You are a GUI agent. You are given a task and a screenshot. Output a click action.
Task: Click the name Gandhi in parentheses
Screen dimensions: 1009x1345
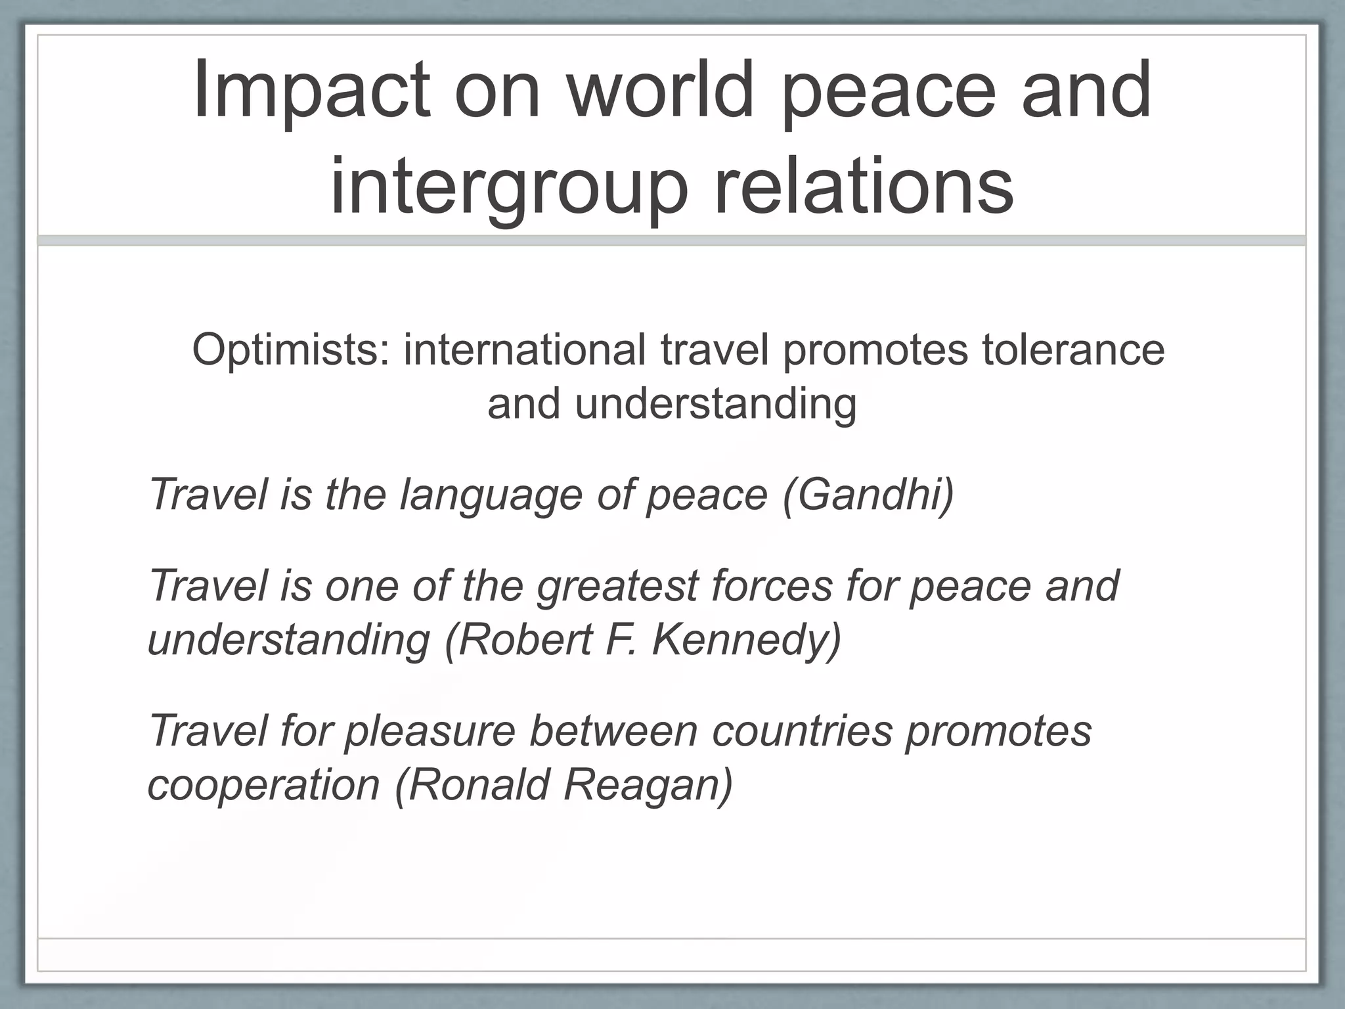[868, 493]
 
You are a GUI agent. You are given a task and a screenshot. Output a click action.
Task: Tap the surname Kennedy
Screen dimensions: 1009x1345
[745, 640]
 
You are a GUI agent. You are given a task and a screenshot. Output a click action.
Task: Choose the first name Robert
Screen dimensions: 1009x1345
[525, 639]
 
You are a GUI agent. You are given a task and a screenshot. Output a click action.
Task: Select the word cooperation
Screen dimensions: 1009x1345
[263, 786]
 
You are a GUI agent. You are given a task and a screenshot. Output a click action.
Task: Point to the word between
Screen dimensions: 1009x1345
[613, 730]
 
